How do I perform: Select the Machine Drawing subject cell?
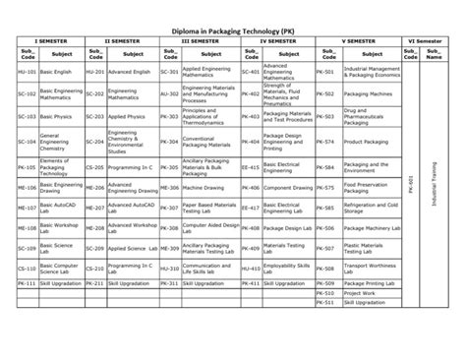pos(203,187)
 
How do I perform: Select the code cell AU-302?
pos(168,95)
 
